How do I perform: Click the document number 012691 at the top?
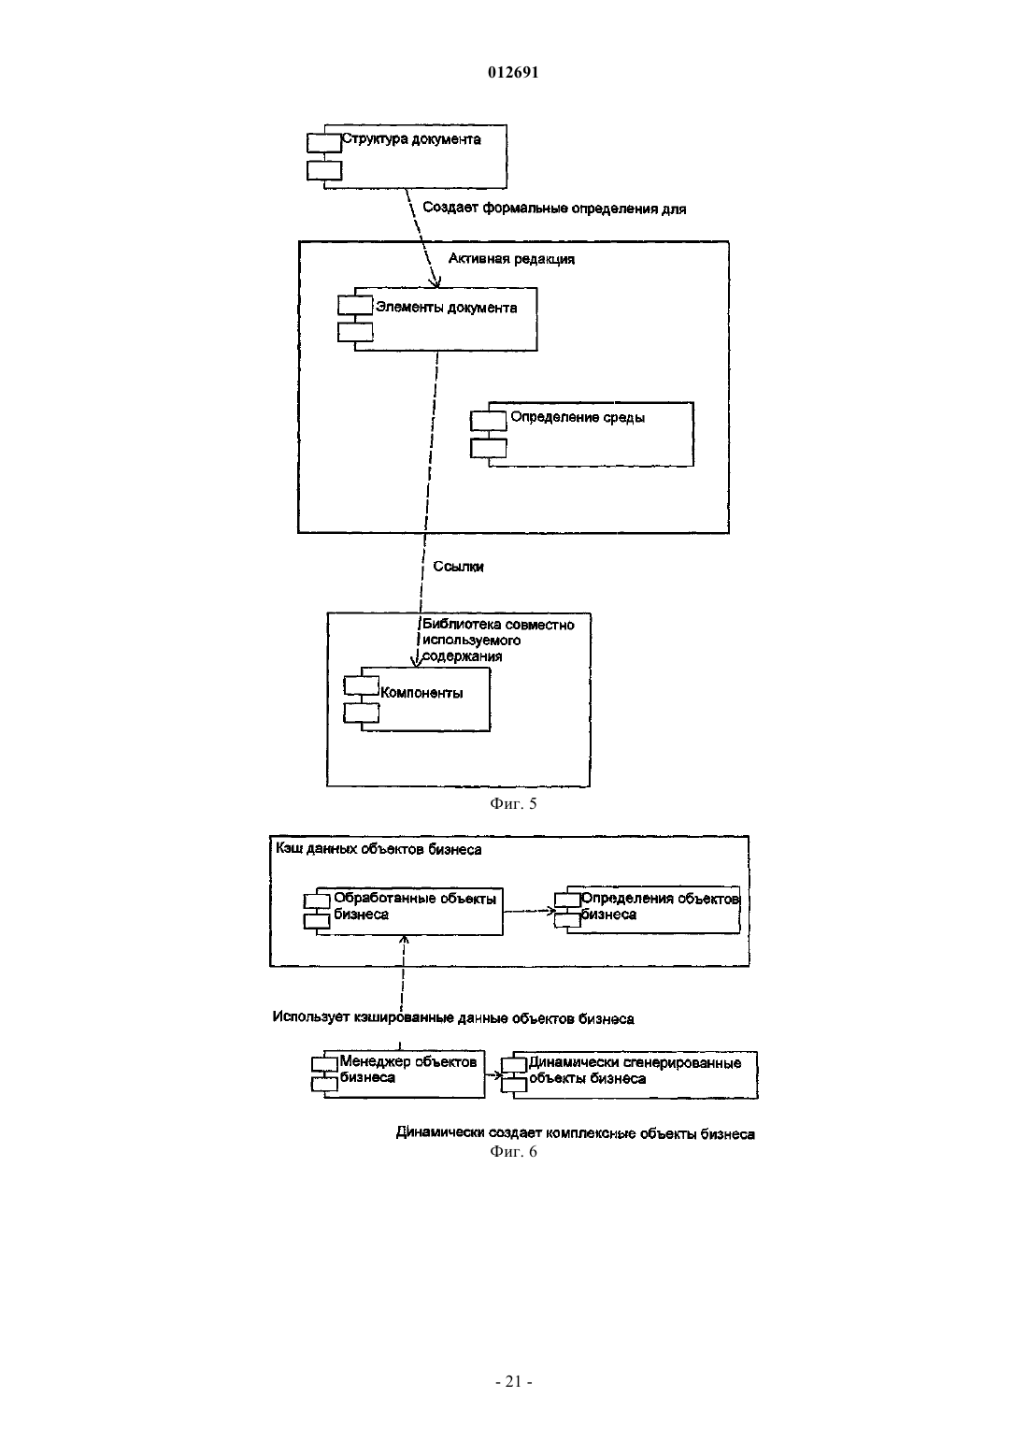point(513,72)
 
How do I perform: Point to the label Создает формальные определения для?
point(554,208)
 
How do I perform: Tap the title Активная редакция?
point(511,258)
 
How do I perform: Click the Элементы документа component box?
point(437,319)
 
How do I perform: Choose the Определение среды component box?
point(582,434)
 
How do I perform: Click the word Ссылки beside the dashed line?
point(458,567)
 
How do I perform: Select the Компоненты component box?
point(418,699)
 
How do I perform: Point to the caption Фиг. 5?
point(513,803)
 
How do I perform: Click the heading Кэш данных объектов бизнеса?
point(378,849)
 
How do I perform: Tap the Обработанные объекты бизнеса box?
point(403,912)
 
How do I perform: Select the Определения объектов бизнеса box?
point(647,909)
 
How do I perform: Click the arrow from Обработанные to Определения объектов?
point(529,911)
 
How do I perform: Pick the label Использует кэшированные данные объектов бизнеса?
point(453,1018)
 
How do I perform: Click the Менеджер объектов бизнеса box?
point(398,1073)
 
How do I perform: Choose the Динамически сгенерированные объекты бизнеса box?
point(630,1075)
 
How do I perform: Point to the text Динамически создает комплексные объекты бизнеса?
point(575,1133)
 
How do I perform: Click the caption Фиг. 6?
point(513,1152)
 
